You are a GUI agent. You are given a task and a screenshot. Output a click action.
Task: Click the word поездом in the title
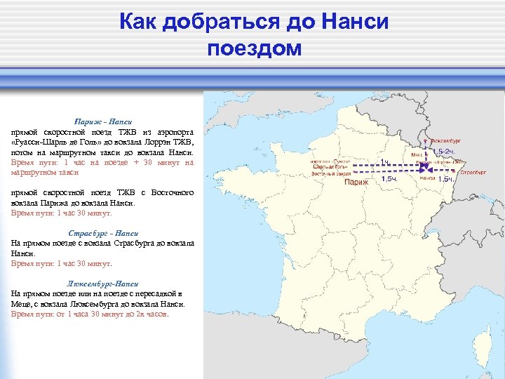tap(254, 48)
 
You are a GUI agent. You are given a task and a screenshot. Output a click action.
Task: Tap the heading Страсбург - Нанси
tap(103, 233)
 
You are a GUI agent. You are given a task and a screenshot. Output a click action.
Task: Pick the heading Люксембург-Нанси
tap(103, 284)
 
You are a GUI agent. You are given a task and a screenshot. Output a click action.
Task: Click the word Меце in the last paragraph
tap(22, 305)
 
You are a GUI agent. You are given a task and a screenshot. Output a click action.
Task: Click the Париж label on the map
tap(356, 182)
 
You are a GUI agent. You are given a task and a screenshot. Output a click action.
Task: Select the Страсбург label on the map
tap(474, 171)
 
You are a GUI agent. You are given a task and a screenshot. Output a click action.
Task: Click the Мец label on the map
tap(416, 154)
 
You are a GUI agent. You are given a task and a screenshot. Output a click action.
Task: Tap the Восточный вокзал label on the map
tap(330, 172)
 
